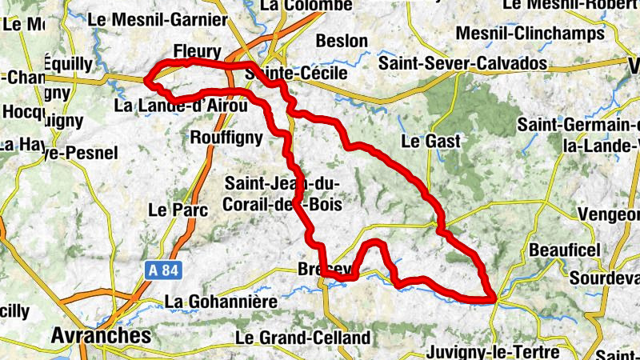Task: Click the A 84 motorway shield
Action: [162, 270]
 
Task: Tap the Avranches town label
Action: [100, 336]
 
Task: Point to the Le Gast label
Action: [430, 142]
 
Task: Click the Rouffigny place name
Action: [226, 138]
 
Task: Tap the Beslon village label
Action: [342, 41]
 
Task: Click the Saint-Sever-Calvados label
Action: [462, 62]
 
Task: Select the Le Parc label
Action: [178, 210]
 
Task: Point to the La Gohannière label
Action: [220, 302]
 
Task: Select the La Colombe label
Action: [306, 6]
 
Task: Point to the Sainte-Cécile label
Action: [298, 74]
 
